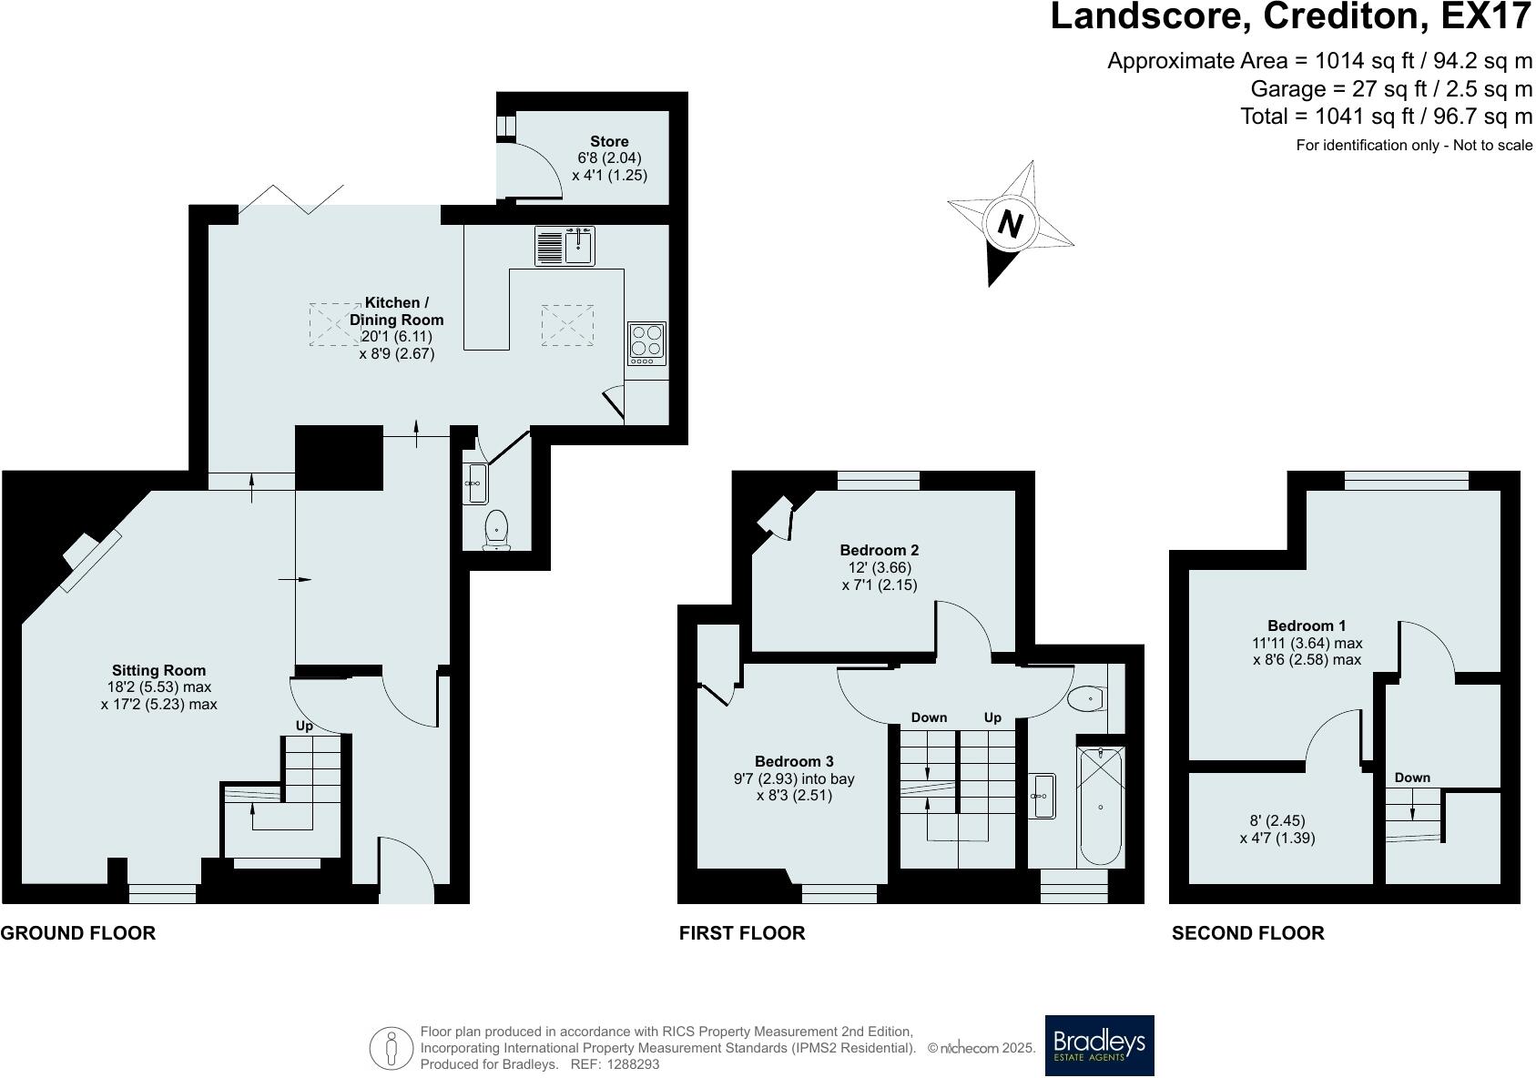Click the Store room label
tap(609, 141)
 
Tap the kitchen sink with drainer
tap(565, 246)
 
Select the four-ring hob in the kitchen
tap(646, 343)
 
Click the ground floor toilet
tap(496, 530)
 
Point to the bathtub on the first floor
tap(1101, 807)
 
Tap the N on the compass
tap(1010, 224)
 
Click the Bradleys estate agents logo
tap(1099, 1045)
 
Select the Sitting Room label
tap(158, 671)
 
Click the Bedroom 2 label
tap(880, 550)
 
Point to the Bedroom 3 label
tap(794, 761)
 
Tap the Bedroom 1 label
tap(1307, 625)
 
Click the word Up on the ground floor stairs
tap(304, 726)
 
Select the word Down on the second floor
tap(1412, 778)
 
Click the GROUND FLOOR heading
tap(78, 932)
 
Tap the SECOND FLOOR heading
tap(1248, 932)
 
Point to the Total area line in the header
tap(1386, 117)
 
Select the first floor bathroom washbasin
tap(1043, 796)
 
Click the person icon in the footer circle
tap(392, 1049)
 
